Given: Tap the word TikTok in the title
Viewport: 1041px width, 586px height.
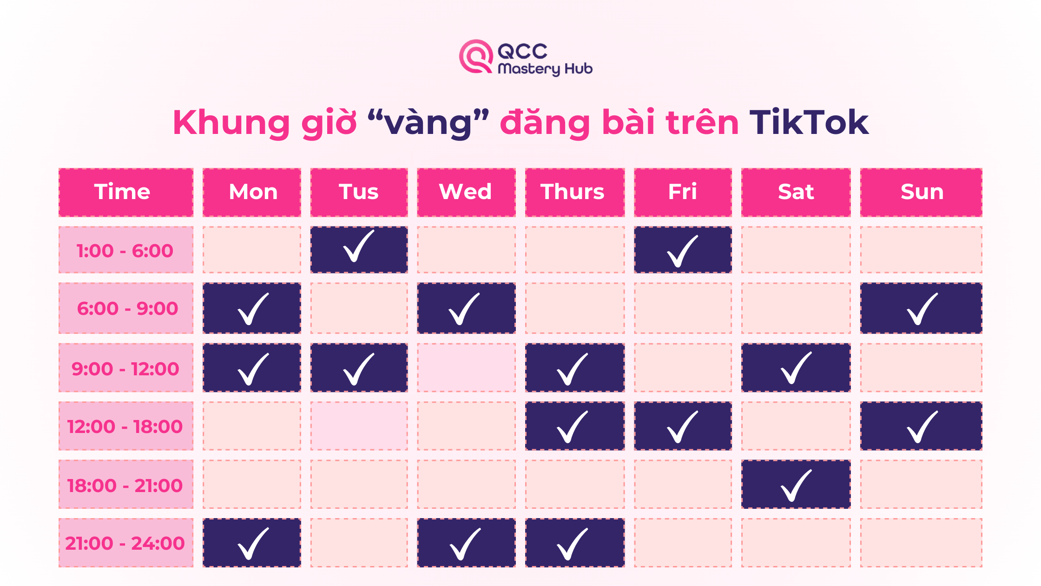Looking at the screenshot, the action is click(809, 122).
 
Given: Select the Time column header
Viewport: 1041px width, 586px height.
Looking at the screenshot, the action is click(126, 192).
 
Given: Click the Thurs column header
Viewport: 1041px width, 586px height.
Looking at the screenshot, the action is click(575, 192).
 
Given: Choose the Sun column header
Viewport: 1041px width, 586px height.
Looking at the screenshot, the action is click(921, 192).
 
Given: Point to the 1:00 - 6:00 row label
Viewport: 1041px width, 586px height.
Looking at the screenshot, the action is click(126, 250).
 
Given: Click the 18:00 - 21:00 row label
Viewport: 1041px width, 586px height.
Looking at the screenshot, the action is click(126, 484).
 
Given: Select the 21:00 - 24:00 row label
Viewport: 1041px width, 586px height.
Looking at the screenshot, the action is click(126, 543).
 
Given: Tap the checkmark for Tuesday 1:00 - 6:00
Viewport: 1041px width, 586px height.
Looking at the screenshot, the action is click(358, 246).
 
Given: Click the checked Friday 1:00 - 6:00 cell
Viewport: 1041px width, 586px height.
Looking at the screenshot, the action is click(683, 250).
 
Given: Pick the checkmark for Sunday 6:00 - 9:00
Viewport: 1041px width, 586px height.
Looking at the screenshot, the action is click(922, 309).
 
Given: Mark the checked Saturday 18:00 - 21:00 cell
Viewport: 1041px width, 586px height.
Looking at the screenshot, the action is click(796, 484).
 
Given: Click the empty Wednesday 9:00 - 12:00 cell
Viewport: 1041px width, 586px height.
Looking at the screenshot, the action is click(466, 367).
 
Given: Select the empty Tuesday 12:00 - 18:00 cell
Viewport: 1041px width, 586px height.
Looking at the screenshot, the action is click(359, 426).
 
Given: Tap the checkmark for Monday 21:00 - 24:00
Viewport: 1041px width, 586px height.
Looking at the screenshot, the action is click(253, 544).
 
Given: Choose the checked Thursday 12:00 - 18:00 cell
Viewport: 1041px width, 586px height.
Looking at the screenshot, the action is click(575, 426).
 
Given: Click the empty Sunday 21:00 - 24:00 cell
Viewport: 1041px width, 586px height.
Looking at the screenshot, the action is click(921, 543).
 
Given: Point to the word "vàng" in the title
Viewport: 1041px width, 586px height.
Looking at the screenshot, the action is click(428, 123).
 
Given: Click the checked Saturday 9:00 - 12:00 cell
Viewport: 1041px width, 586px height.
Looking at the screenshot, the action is click(796, 367).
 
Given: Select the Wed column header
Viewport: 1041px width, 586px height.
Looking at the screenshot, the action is click(466, 192).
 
